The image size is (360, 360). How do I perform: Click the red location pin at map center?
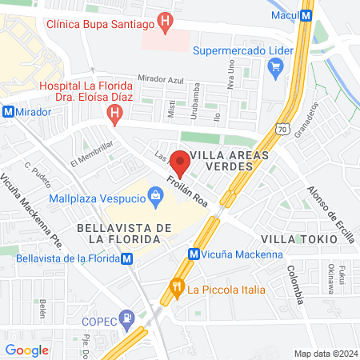click(180, 162)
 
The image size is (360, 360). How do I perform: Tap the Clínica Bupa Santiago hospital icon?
click(165, 22)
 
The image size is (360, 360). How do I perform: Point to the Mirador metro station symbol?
click(8, 113)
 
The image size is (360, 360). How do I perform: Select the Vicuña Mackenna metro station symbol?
click(193, 254)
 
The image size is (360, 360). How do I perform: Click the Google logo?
click(26, 350)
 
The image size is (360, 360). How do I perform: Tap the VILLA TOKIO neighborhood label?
click(294, 239)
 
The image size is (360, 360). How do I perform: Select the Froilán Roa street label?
click(188, 191)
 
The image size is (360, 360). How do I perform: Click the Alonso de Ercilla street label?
click(330, 213)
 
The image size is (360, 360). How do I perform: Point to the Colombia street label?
click(295, 284)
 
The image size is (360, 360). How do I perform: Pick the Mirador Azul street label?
click(161, 78)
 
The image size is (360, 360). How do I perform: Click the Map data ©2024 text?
click(324, 354)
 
